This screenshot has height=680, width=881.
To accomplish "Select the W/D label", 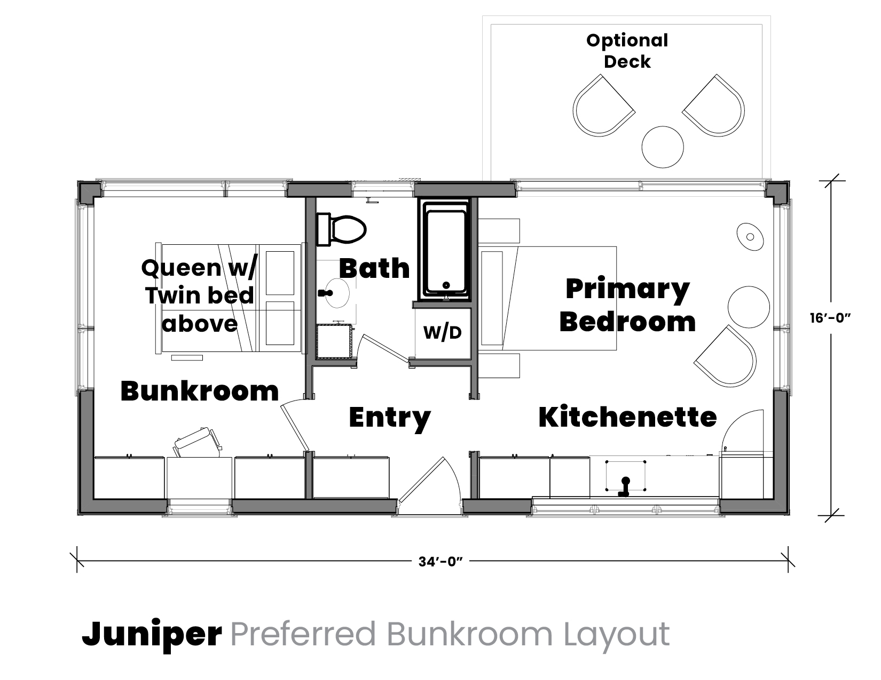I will [x=442, y=333].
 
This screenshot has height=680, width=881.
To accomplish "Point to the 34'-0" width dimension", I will [x=440, y=562].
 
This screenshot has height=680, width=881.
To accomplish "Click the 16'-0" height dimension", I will [x=830, y=318].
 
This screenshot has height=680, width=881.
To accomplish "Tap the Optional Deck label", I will [x=627, y=51].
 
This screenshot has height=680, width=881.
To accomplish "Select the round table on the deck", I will [x=663, y=147].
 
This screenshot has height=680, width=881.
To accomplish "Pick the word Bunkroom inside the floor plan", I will [x=200, y=391].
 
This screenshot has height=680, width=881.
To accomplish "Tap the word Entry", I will [x=390, y=418].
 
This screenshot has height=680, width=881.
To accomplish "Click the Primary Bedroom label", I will [x=627, y=305].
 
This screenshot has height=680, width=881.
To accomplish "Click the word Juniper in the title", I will [x=152, y=634].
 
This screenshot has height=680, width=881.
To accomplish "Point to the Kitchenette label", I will [x=627, y=417].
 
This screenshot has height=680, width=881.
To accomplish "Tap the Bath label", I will [x=374, y=268].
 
